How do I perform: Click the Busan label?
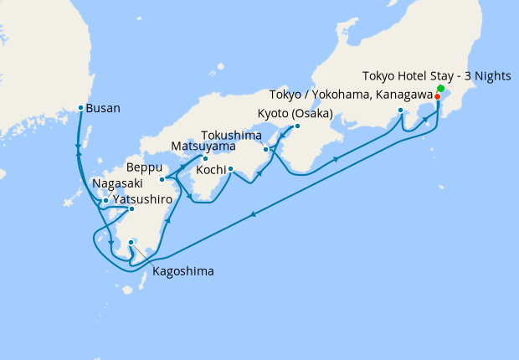coord(104,108)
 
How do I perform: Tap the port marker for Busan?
coord(80,108)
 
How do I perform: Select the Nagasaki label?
coord(118,183)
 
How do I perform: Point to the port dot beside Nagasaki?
coord(105,200)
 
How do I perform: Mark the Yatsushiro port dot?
coord(131,208)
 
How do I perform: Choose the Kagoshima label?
coord(182,271)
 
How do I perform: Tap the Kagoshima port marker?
coord(131,244)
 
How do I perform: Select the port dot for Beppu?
coord(162,179)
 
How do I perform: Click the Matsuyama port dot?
coord(206,157)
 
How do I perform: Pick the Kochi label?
coord(209,170)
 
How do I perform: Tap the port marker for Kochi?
coord(230,169)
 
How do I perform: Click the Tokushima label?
coord(232,136)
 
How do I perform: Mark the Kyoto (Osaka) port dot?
coord(297,126)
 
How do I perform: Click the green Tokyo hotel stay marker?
coord(440,89)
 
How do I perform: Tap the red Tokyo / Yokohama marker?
coord(438,96)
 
